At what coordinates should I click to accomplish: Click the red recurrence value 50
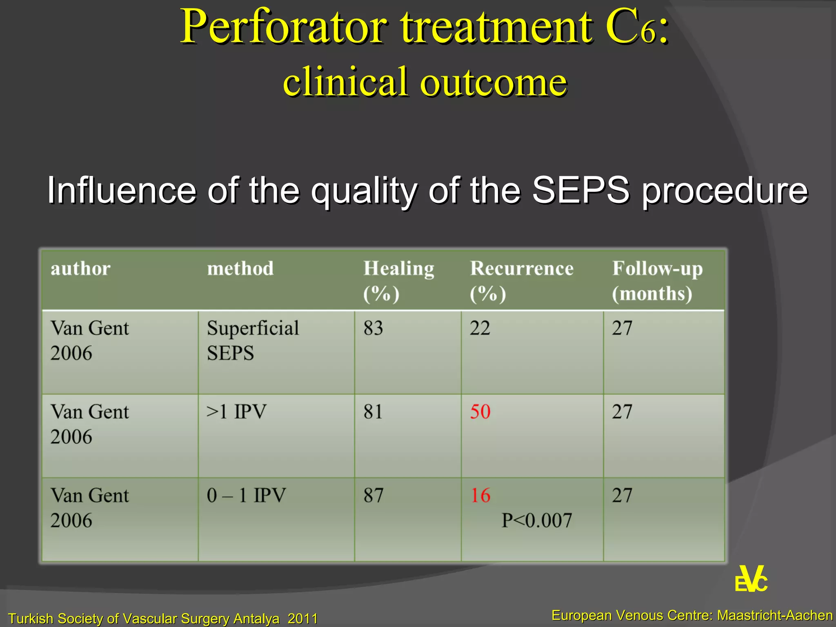[480, 411]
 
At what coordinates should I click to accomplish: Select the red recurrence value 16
[480, 495]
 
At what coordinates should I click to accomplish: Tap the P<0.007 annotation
[536, 520]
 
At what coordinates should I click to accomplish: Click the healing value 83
[373, 328]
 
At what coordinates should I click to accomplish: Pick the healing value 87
[373, 495]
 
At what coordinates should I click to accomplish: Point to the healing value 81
[373, 411]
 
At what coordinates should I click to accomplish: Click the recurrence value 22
[480, 328]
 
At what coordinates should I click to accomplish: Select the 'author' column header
[80, 269]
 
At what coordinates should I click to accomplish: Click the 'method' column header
[240, 269]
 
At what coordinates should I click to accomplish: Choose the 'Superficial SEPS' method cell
[252, 340]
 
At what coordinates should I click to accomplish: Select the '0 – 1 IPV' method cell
[246, 495]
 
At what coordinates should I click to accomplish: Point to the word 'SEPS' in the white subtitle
[580, 190]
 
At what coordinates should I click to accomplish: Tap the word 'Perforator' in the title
[283, 28]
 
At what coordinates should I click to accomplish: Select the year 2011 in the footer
[302, 618]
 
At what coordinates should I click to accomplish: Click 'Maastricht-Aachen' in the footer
[775, 615]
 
